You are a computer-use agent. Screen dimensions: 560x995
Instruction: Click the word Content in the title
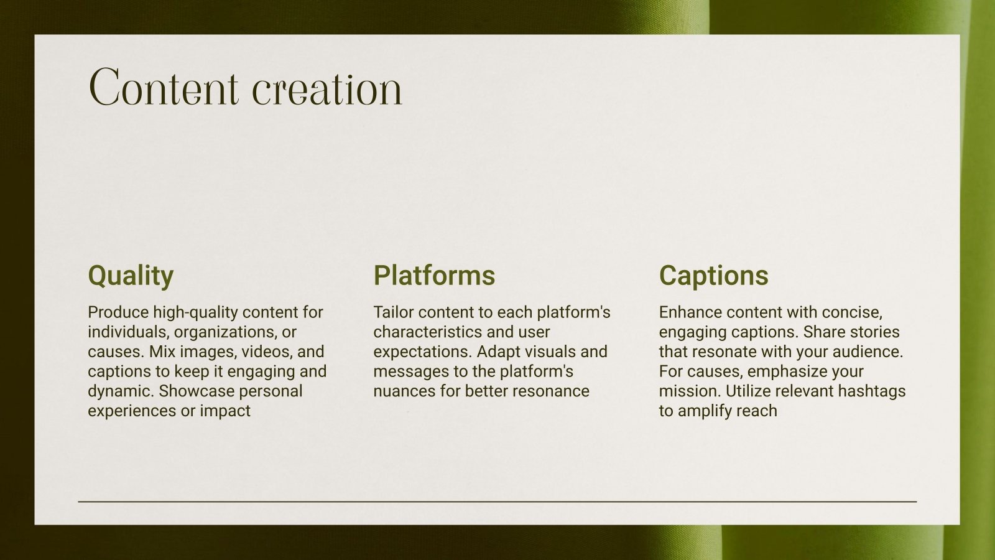(164, 88)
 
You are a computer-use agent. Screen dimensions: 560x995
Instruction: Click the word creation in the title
(327, 88)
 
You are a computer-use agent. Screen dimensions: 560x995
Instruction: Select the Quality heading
(131, 276)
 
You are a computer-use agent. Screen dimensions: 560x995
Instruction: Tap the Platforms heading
(434, 276)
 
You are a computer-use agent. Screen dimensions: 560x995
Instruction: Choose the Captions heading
(713, 276)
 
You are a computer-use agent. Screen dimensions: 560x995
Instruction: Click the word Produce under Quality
(118, 312)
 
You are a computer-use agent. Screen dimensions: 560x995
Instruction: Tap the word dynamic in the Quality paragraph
(119, 391)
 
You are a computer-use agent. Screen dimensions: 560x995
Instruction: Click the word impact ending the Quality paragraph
(225, 411)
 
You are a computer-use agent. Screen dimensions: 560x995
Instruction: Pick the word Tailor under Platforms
(393, 312)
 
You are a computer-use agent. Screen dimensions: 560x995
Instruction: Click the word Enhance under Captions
(688, 312)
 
